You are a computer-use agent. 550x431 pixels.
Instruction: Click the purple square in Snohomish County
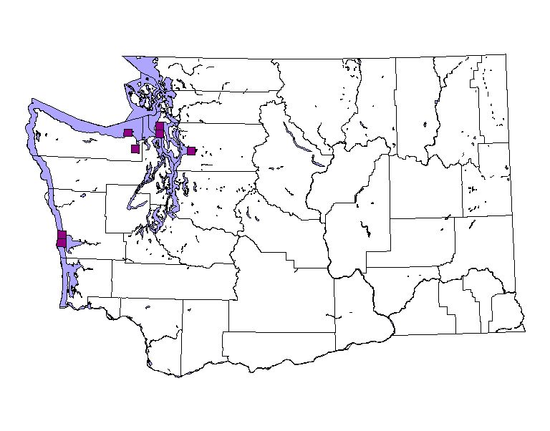(x=191, y=150)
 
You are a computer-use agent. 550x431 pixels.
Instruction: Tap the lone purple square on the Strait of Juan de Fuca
(x=127, y=132)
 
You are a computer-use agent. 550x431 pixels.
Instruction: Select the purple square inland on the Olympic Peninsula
(x=135, y=149)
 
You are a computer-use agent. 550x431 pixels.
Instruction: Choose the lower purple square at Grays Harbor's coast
(x=61, y=243)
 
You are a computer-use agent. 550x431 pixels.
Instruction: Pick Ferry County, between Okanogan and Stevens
(x=415, y=107)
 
